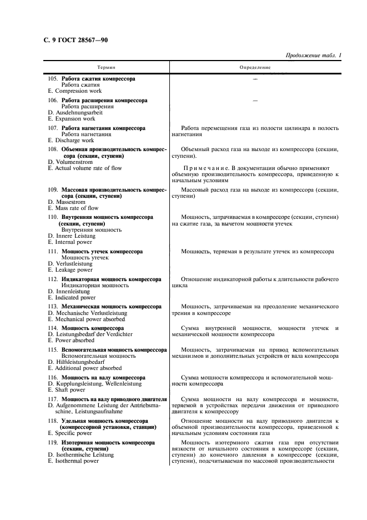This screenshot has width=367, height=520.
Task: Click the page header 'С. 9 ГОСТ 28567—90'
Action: coord(76,40)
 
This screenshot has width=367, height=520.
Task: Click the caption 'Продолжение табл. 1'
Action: coord(313,56)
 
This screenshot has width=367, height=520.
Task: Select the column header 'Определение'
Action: coord(255,67)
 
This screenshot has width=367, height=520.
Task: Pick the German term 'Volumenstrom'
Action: coord(72,162)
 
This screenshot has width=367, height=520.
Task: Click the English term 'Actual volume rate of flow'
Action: coord(88,168)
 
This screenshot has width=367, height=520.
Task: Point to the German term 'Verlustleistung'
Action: coord(73,264)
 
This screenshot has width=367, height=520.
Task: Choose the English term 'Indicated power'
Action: coord(75,298)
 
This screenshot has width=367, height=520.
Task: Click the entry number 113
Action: coord(53,307)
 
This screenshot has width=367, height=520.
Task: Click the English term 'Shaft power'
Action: coord(70,390)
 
